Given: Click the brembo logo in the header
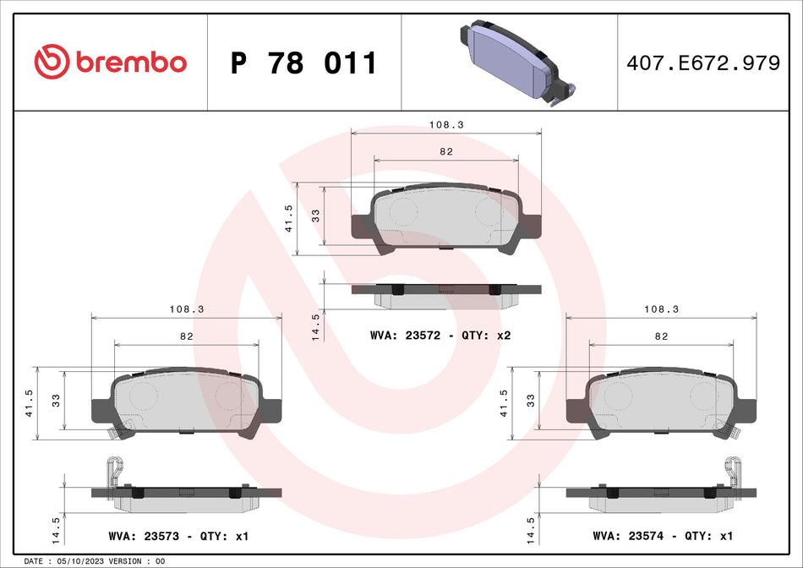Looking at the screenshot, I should [111, 62].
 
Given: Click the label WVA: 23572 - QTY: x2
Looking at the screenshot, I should [440, 336].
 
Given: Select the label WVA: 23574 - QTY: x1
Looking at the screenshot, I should [663, 536].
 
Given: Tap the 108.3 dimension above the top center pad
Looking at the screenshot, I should [446, 124].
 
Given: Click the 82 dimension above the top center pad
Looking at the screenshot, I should [446, 151].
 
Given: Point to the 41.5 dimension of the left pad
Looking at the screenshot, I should [30, 404].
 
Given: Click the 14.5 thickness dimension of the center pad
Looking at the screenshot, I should [315, 325].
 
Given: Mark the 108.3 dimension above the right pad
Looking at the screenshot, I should [661, 309].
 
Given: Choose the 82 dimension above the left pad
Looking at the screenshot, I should [187, 336].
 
